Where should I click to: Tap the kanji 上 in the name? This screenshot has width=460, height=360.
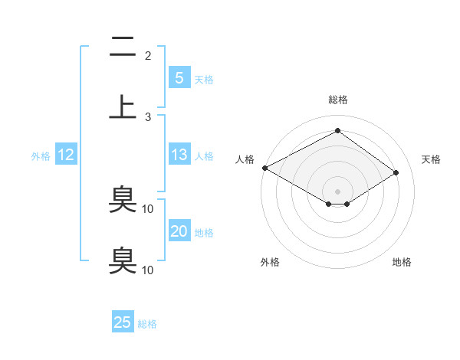click(x=123, y=106)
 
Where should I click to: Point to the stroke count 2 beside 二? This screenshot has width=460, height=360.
click(x=147, y=56)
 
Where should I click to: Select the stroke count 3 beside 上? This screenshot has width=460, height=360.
click(x=147, y=116)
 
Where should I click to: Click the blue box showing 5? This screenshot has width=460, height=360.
click(x=179, y=77)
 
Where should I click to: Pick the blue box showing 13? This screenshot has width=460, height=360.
click(x=179, y=155)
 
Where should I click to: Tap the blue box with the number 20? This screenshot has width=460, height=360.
click(x=179, y=231)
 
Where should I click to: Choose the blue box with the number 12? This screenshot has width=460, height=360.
click(x=65, y=155)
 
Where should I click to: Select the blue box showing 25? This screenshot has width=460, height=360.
click(x=123, y=322)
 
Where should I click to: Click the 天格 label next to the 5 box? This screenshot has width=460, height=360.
click(x=204, y=79)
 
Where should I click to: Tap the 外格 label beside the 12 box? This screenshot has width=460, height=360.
click(x=41, y=156)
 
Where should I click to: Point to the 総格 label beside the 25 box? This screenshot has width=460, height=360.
click(x=147, y=324)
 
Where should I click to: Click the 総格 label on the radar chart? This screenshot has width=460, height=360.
click(x=337, y=100)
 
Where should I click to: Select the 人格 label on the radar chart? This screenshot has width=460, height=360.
click(x=245, y=159)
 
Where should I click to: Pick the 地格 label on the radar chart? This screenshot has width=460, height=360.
click(x=402, y=262)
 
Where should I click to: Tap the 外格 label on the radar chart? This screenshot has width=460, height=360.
click(x=270, y=262)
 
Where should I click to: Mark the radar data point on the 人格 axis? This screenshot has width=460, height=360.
click(x=264, y=168)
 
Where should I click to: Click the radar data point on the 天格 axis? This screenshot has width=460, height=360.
click(x=396, y=173)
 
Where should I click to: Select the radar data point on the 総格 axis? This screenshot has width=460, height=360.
click(x=337, y=131)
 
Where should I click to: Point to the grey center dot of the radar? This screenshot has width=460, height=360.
click(x=337, y=191)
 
